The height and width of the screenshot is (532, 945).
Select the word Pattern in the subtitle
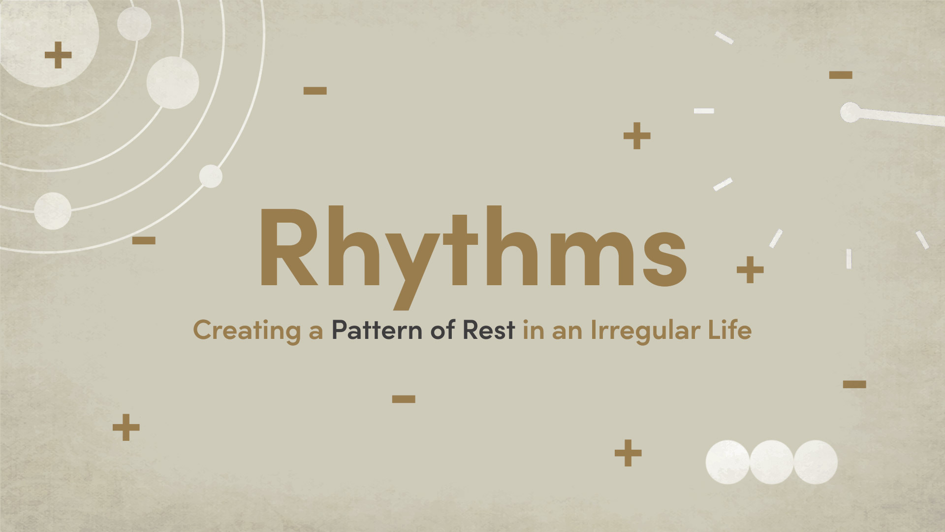[x=377, y=330]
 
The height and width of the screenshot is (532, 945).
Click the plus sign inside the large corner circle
[x=58, y=55]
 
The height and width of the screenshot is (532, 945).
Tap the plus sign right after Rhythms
[x=750, y=269]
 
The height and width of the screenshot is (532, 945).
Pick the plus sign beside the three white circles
[x=628, y=453]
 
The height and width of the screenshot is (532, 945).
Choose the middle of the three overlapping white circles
[x=771, y=462]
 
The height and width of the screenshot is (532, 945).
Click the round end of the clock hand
[x=850, y=112]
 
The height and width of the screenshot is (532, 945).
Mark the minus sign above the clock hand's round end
[x=841, y=75]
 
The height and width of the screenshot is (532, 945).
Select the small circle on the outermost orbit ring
[x=211, y=176]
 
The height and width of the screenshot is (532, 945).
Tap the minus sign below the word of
[x=404, y=399]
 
